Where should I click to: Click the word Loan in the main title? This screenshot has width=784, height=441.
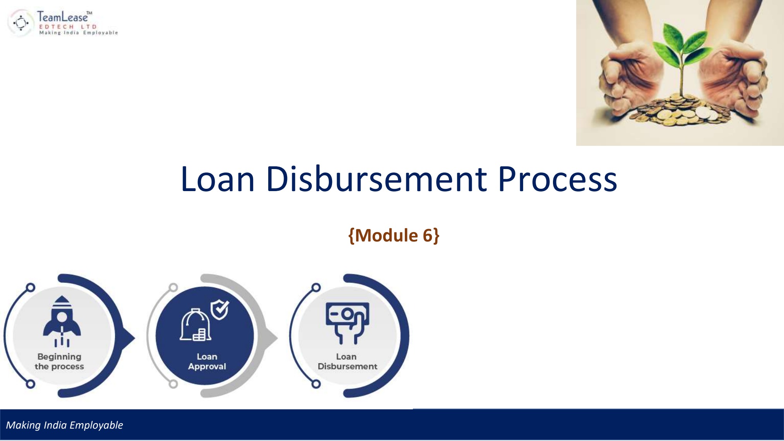click(217, 179)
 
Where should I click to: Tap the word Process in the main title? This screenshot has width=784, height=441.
click(557, 179)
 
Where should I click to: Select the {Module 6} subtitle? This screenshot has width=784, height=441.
click(394, 235)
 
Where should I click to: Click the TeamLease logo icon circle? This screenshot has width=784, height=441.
click(21, 23)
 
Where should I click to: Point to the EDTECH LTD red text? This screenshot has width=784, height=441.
click(68, 27)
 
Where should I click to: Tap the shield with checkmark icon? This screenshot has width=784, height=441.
click(220, 309)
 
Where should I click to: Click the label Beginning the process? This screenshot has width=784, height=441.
click(59, 361)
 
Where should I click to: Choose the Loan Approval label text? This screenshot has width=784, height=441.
click(207, 361)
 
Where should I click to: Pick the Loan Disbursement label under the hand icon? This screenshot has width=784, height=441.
click(347, 361)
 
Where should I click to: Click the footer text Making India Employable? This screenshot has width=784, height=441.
click(64, 425)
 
